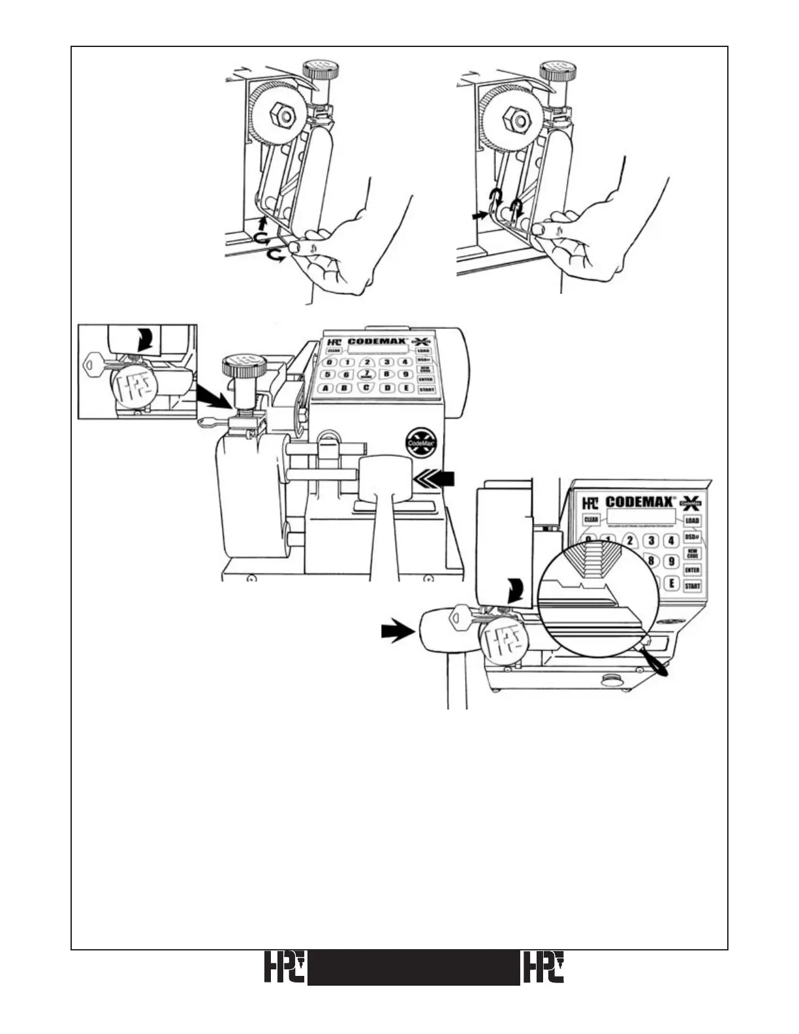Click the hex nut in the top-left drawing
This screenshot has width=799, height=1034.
pyautogui.click(x=283, y=116)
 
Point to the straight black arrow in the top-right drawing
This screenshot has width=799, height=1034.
pyautogui.click(x=480, y=213)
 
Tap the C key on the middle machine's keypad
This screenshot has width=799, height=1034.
pyautogui.click(x=367, y=388)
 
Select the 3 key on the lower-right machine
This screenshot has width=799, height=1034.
pyautogui.click(x=650, y=540)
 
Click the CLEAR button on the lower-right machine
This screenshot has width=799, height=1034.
pyautogui.click(x=590, y=520)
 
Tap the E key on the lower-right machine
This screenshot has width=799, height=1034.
pyautogui.click(x=671, y=583)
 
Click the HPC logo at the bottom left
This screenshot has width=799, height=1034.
pyautogui.click(x=285, y=967)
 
